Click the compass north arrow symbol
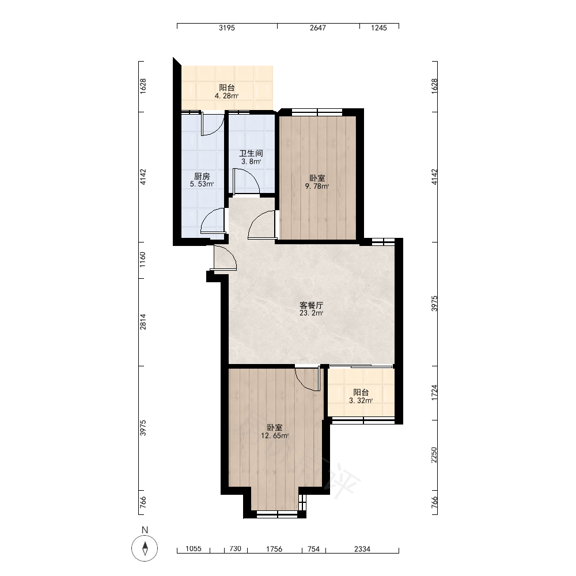(x=145, y=548)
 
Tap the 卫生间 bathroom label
(x=251, y=153)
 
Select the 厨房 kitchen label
(x=202, y=176)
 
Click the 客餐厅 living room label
(x=312, y=305)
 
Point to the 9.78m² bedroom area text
(x=317, y=186)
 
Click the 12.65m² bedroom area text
(x=275, y=436)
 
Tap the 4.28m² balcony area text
(x=226, y=96)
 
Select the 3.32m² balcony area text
(x=361, y=400)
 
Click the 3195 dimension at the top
(x=226, y=28)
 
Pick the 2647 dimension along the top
(x=318, y=28)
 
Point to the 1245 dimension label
(x=379, y=28)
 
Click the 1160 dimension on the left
(x=143, y=259)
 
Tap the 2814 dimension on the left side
(x=143, y=322)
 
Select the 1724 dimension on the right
(x=434, y=393)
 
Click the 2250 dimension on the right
(x=434, y=455)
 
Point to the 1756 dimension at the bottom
(x=274, y=549)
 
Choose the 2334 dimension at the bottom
(x=362, y=549)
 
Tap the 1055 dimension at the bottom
(x=193, y=549)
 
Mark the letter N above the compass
(x=145, y=530)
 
